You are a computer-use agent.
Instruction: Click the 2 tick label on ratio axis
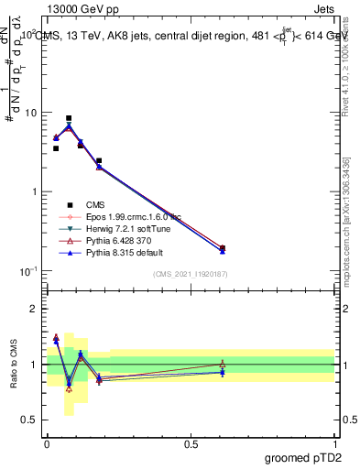pyautogui.click(x=35, y=309)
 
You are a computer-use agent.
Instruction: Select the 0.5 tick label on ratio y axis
pyautogui.click(x=31, y=420)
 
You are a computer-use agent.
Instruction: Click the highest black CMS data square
pyautogui.click(x=69, y=118)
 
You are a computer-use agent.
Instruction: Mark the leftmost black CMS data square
pyautogui.click(x=56, y=148)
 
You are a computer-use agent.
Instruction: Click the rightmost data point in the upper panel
pyautogui.click(x=223, y=248)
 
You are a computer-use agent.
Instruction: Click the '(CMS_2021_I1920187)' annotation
pyautogui.click(x=190, y=274)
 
